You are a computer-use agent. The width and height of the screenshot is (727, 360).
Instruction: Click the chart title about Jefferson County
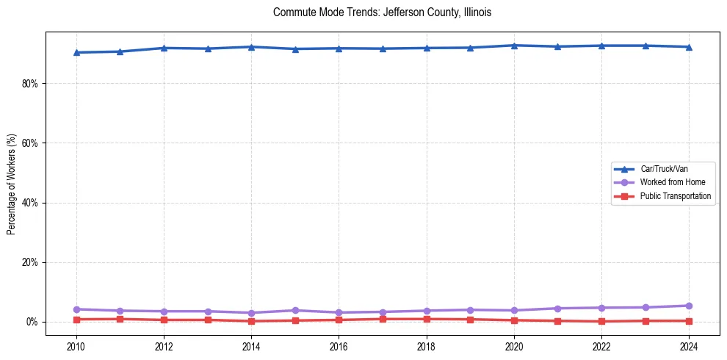tap(381, 12)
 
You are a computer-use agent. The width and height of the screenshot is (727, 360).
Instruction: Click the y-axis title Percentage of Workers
tap(12, 184)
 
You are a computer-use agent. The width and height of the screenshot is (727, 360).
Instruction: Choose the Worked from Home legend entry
tap(670, 182)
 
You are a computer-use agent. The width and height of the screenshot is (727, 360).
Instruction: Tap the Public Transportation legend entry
tap(675, 196)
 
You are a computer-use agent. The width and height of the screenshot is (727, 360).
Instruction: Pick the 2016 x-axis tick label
tap(339, 346)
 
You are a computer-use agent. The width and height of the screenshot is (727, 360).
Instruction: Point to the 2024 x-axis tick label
tap(689, 346)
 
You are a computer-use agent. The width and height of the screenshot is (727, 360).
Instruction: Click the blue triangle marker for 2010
tap(76, 52)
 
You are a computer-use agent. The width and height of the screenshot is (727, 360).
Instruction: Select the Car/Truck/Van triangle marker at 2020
tap(514, 46)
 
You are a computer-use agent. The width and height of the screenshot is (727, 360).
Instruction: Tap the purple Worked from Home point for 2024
tap(689, 306)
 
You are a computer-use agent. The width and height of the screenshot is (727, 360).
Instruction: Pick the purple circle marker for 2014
tap(251, 313)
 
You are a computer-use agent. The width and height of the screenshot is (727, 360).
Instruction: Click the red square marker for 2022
tap(601, 321)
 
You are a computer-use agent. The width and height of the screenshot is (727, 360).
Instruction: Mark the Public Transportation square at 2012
tap(164, 320)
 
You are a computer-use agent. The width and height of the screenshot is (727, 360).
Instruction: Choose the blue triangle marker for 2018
tap(427, 48)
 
